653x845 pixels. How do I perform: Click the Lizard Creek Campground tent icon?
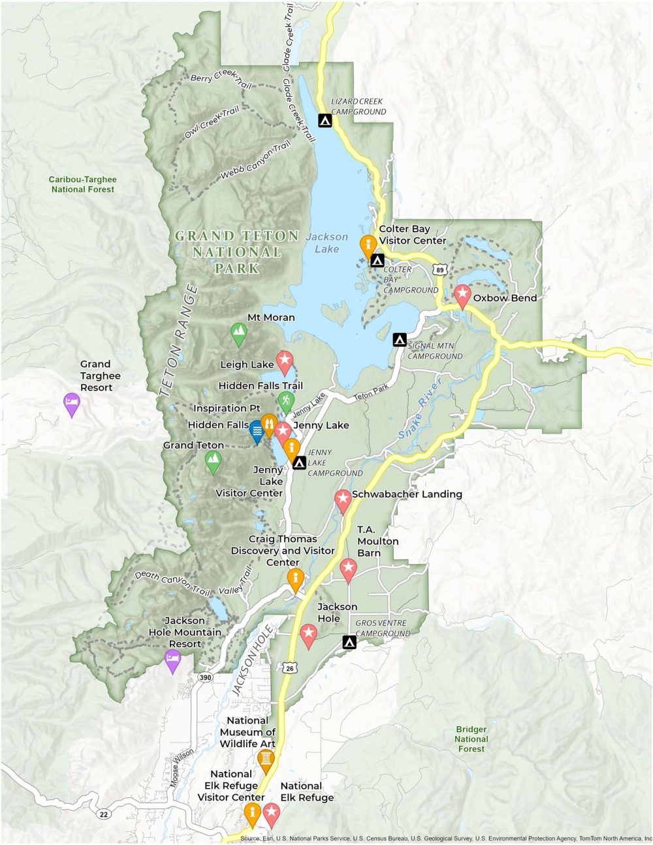[325, 120]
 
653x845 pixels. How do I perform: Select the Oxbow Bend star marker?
[462, 296]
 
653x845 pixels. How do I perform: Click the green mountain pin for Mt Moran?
[239, 334]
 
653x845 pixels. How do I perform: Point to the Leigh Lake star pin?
[284, 361]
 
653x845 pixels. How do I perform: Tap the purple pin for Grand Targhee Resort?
[71, 404]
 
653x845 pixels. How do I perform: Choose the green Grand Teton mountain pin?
[213, 462]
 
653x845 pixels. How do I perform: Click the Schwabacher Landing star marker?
[343, 500]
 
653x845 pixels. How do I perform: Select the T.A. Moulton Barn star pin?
[348, 569]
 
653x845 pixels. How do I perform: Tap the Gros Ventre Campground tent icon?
[349, 643]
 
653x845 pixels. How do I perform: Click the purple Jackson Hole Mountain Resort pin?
[172, 660]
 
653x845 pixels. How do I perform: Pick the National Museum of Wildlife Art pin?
[265, 760]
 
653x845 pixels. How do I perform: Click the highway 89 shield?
[441, 270]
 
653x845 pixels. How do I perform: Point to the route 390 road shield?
[206, 678]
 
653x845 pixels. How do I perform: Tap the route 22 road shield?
[103, 814]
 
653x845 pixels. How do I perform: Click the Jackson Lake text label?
[327, 243]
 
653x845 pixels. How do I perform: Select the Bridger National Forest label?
[471, 739]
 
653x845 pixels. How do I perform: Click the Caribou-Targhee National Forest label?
[82, 184]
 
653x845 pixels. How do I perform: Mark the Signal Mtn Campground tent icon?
[399, 340]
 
